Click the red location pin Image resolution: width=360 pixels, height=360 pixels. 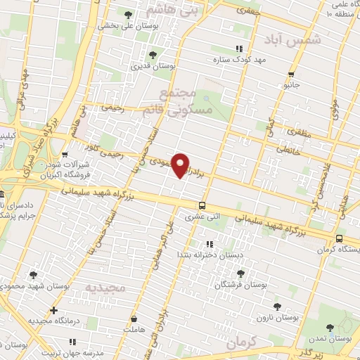pyautogui.click(x=181, y=165)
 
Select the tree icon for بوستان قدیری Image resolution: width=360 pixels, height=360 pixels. pyautogui.click(x=153, y=55)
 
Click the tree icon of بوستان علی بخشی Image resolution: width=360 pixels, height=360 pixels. pyautogui.click(x=127, y=13)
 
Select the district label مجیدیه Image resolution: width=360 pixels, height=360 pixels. pyautogui.click(x=105, y=288)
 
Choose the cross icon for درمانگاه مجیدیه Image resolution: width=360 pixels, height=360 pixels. pyautogui.click(x=53, y=309)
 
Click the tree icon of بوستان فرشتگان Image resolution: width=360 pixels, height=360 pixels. pyautogui.click(x=240, y=274)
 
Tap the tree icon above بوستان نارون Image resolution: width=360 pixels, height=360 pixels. pyautogui.click(x=278, y=305)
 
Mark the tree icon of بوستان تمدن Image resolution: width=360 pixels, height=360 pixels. pyautogui.click(x=330, y=327)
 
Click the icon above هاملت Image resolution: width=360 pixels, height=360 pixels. pyautogui.click(x=132, y=318)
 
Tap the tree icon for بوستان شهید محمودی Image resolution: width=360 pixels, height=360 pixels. pyautogui.click(x=33, y=275)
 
